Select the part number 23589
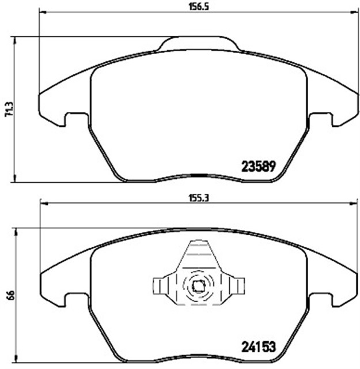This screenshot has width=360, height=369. [x=259, y=165]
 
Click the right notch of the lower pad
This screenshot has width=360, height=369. [x=321, y=300]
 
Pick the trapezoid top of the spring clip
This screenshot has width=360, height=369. [x=198, y=254]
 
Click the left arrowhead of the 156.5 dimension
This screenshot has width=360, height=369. [x=41, y=11]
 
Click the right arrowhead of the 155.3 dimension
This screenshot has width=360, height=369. [x=353, y=202]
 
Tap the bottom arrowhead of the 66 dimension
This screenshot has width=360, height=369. [x=14, y=363]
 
